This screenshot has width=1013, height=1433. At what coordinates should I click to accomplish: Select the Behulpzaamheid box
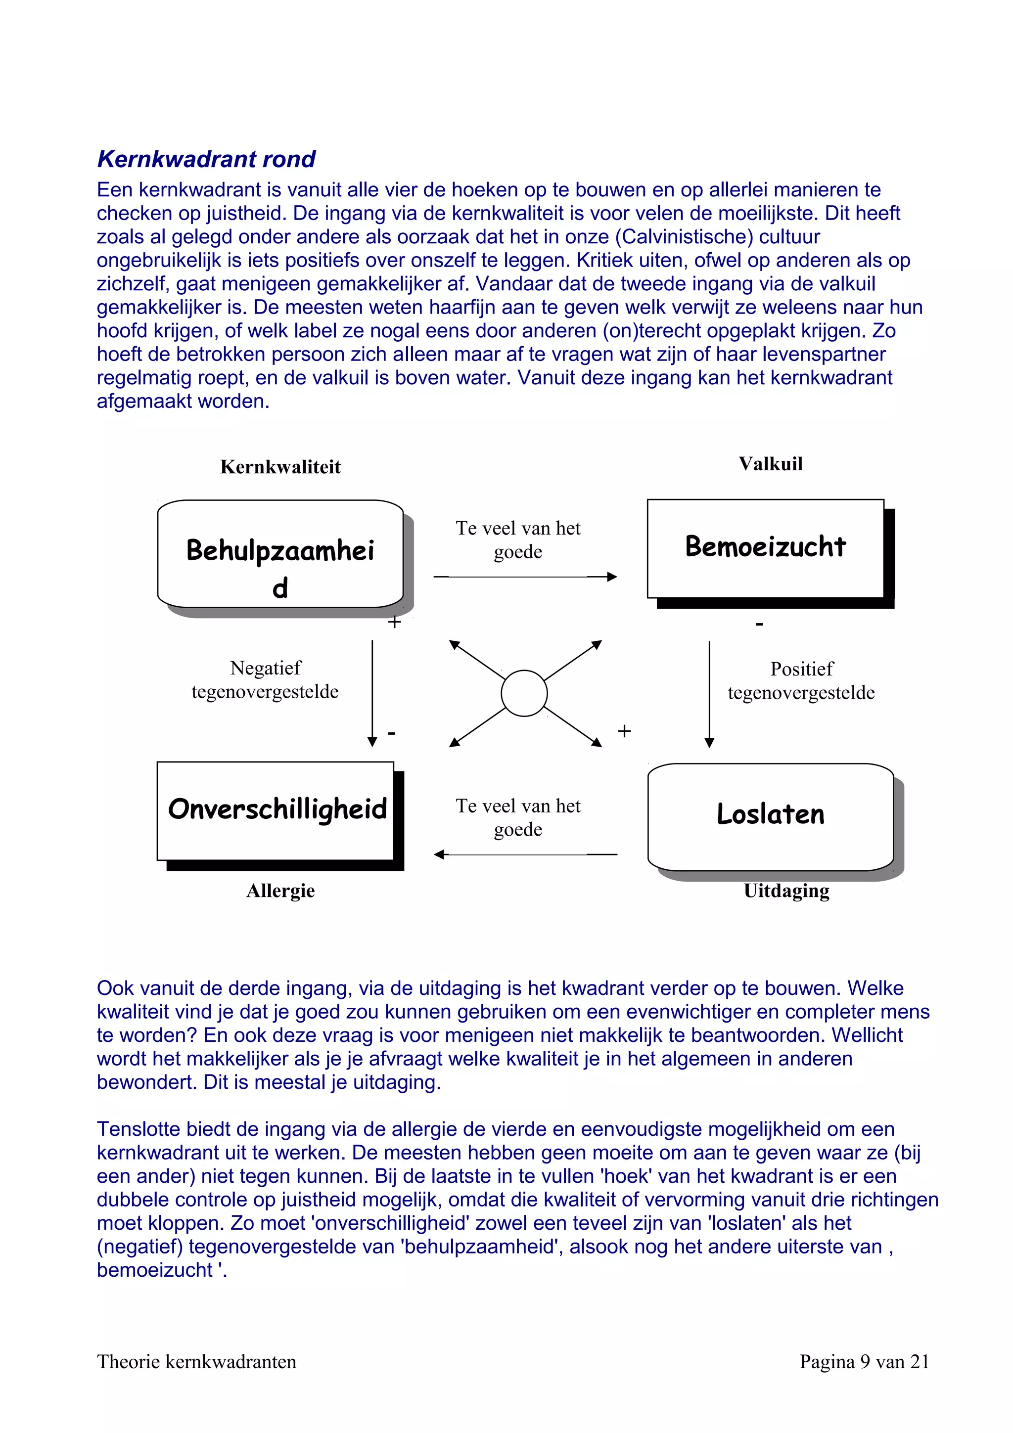(x=280, y=554)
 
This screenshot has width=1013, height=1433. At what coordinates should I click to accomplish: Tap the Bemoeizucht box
(x=765, y=548)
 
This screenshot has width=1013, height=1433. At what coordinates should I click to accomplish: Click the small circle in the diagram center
(x=524, y=693)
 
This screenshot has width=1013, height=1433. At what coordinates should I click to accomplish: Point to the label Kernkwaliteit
(x=280, y=467)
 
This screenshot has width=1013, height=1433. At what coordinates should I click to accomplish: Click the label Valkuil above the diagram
(x=770, y=464)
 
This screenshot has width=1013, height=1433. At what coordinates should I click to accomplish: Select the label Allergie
(x=280, y=891)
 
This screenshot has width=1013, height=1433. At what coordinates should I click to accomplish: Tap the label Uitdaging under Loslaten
(x=786, y=891)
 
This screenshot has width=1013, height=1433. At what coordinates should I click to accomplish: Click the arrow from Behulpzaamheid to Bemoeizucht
(x=524, y=577)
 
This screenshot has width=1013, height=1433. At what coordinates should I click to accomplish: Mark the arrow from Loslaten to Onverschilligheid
(x=524, y=854)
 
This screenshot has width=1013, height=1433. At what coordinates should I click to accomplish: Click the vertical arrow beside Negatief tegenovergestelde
(x=372, y=693)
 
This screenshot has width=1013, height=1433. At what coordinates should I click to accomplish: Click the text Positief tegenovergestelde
(x=801, y=681)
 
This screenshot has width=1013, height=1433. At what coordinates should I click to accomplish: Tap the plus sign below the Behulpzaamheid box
(x=394, y=622)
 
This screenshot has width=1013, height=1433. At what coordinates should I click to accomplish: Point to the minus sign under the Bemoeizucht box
(x=759, y=624)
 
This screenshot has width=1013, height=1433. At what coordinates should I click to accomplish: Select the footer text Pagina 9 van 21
(x=864, y=1361)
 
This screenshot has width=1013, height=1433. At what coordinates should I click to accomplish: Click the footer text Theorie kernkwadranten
(x=196, y=1361)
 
